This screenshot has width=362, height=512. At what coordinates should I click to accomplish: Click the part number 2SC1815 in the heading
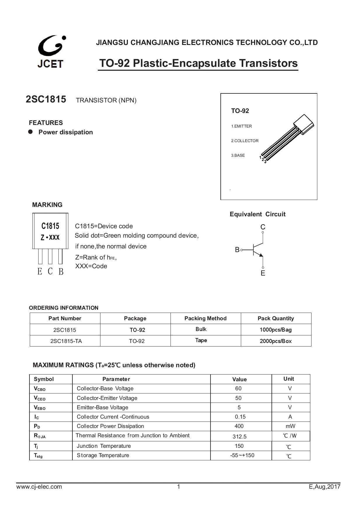point(46,100)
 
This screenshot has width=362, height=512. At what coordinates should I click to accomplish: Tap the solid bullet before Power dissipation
point(30,132)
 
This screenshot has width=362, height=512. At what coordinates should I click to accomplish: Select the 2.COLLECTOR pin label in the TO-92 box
point(245,141)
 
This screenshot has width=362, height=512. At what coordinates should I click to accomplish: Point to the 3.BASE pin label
point(238,155)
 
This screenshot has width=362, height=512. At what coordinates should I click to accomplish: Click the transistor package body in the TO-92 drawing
point(304,124)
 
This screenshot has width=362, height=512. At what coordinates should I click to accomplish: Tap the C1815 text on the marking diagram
point(50,226)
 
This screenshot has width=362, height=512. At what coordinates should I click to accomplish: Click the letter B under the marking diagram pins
point(61,272)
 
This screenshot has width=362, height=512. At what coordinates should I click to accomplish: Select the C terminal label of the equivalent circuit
point(263,227)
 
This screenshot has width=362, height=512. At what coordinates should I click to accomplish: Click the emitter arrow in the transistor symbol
point(261,255)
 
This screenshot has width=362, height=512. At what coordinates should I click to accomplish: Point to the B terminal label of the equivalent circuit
point(237,250)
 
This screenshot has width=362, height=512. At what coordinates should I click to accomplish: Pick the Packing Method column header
point(205,318)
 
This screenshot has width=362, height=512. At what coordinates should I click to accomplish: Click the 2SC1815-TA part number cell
point(66,341)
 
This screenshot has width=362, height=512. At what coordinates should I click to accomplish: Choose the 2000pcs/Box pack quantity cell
point(276,341)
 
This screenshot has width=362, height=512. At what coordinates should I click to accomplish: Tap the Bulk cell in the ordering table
point(201,329)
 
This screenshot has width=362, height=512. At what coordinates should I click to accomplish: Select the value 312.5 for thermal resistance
point(239,437)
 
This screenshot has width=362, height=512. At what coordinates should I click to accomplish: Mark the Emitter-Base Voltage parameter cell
point(102,407)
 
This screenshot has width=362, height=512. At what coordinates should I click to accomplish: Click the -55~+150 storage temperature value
point(242,455)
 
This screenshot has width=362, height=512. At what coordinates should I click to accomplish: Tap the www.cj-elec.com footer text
point(39,487)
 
